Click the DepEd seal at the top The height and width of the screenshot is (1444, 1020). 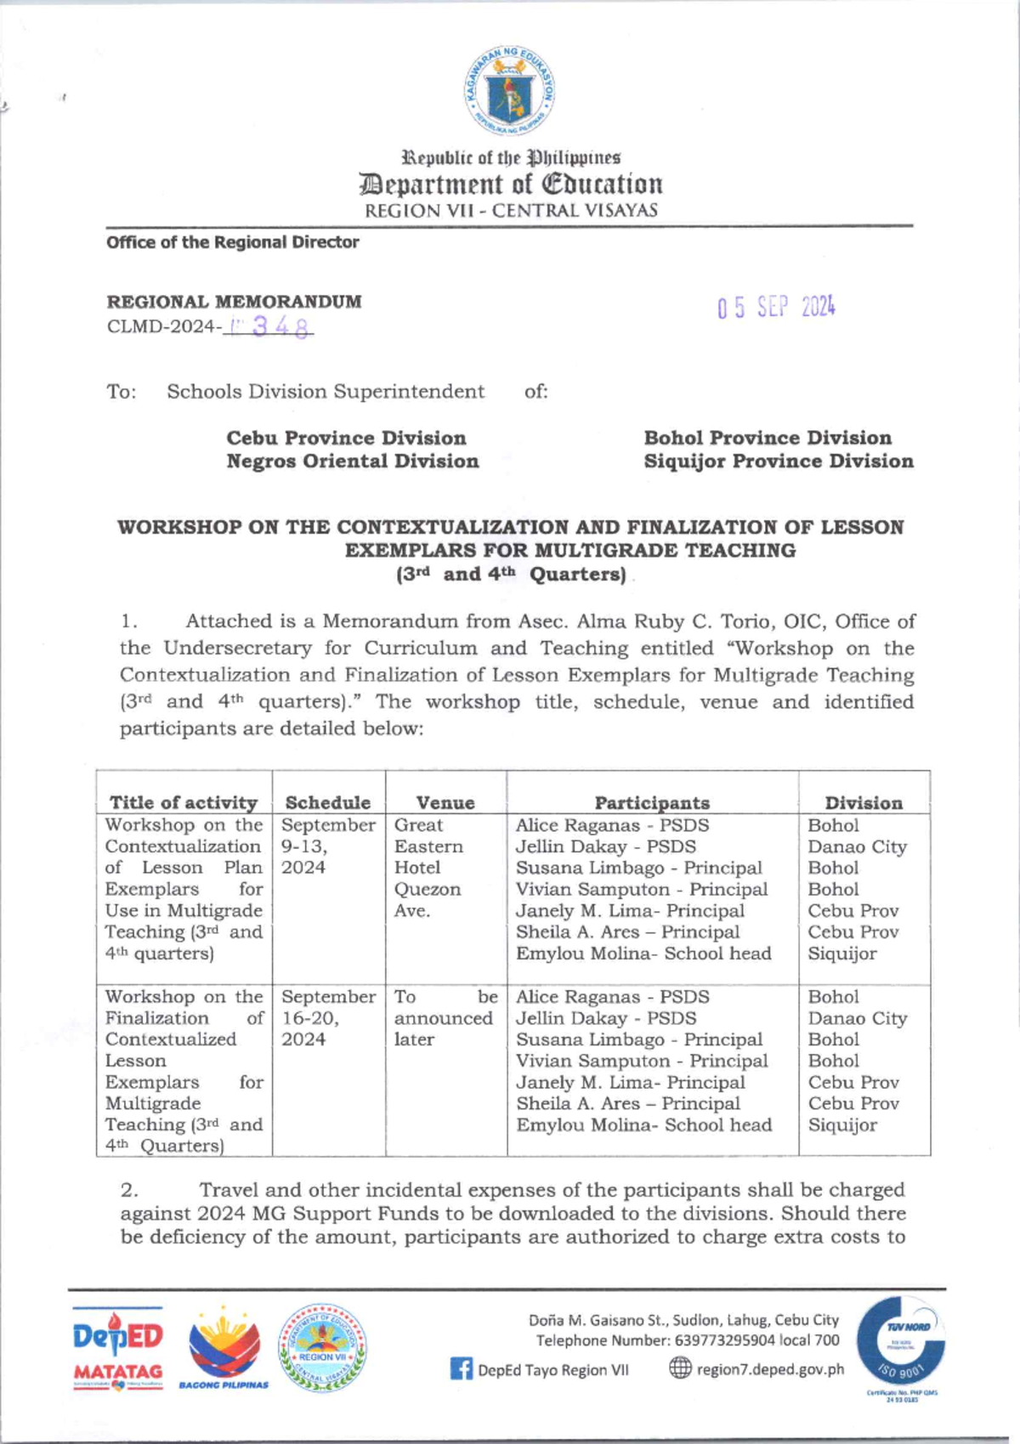510,91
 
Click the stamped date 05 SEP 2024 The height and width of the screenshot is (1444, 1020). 775,307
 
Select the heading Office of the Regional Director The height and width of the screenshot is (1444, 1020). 232,242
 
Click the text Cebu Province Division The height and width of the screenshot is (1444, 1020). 346,438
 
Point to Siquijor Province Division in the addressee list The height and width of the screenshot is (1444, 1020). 778,461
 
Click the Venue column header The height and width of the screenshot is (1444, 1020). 445,802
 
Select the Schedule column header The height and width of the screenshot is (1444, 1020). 328,802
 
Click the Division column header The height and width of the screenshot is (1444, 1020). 864,802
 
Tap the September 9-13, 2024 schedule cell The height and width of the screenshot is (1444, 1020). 327,847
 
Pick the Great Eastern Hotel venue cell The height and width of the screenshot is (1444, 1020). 428,867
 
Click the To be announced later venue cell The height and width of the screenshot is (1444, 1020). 445,1017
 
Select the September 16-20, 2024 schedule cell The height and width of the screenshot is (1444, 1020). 327,1017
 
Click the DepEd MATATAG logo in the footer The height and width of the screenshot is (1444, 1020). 117,1349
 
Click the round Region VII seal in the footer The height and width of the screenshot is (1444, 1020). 323,1349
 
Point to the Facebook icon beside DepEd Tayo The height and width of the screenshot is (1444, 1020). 461,1369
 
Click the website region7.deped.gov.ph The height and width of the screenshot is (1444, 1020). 769,1369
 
